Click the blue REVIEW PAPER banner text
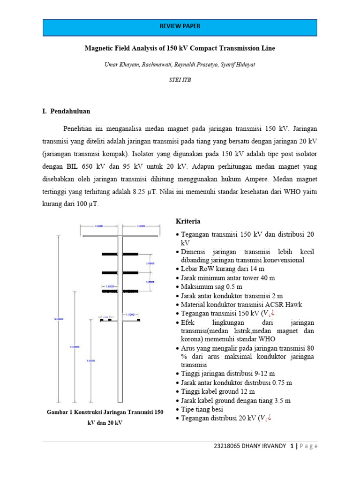(180, 27)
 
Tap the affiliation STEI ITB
(180, 80)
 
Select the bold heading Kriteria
(188, 221)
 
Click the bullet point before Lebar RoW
(177, 269)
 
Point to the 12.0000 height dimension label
(75, 347)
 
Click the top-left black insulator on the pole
(110, 254)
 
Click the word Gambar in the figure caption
(57, 412)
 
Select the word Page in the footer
(307, 446)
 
